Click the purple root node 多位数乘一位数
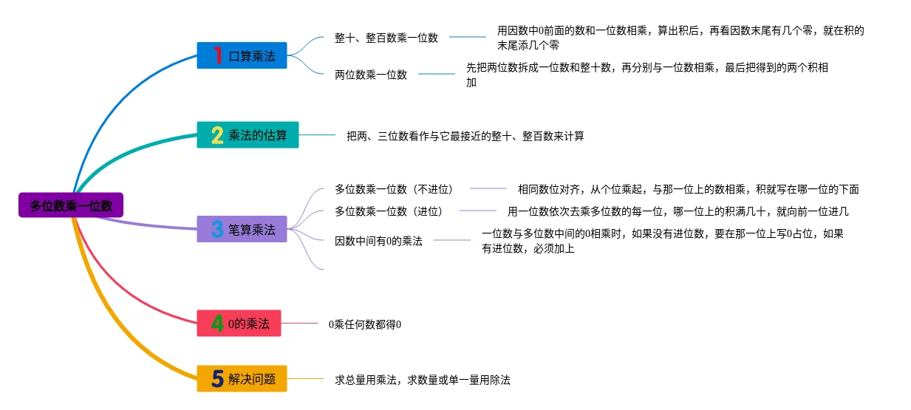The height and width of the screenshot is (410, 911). click(71, 205)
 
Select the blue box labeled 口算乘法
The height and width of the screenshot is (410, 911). click(242, 55)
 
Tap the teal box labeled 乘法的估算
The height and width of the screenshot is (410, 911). click(248, 134)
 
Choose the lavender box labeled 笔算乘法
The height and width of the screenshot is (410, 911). click(242, 229)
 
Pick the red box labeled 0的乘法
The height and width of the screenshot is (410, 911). click(239, 323)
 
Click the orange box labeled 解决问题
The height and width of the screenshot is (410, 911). click(242, 379)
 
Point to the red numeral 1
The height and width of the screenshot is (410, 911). click(218, 55)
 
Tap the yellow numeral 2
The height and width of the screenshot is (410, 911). click(217, 135)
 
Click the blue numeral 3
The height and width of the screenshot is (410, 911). click(217, 229)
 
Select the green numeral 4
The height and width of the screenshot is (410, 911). click(217, 324)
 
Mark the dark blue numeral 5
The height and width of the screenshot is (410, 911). click(217, 379)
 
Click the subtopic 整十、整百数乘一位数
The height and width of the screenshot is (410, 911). click(386, 38)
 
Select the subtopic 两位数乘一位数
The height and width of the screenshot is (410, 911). click(370, 75)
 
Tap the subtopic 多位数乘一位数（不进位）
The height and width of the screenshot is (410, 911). click(394, 189)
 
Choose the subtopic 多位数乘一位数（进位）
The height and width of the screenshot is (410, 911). click(389, 211)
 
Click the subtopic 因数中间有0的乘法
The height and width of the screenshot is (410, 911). click(378, 241)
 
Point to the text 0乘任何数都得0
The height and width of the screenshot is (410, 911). click(365, 324)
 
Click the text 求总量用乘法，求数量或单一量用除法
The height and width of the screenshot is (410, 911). click(422, 380)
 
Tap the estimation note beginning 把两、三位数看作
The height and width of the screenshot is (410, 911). click(465, 136)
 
